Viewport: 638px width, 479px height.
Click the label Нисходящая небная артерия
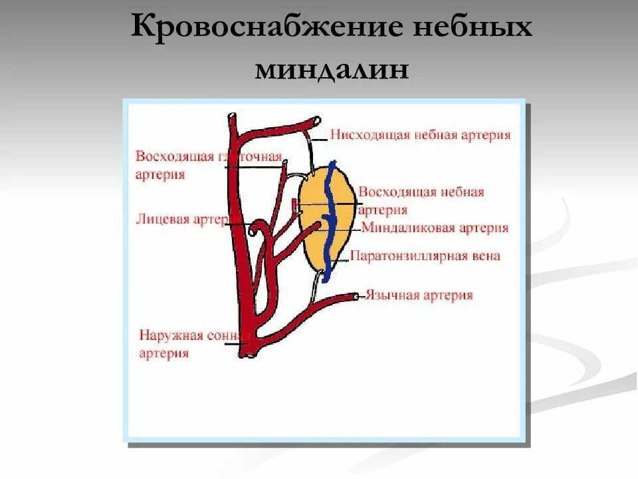pyautogui.click(x=420, y=135)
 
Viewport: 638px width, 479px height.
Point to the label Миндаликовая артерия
pyautogui.click(x=435, y=228)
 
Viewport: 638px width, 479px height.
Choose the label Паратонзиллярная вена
pyautogui.click(x=425, y=255)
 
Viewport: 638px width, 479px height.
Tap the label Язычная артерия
pyautogui.click(x=419, y=295)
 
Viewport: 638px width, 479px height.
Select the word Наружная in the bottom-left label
pyautogui.click(x=167, y=336)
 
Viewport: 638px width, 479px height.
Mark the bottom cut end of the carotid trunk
pyautogui.click(x=247, y=355)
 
